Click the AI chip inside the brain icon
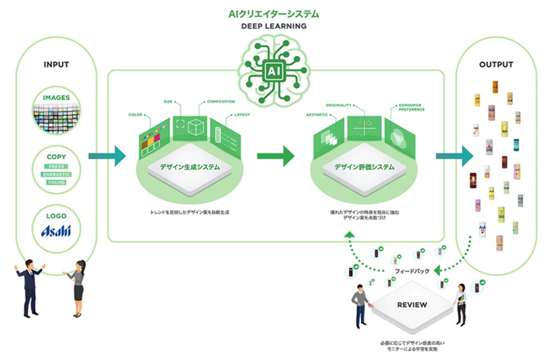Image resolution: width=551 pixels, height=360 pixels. pos(275,70)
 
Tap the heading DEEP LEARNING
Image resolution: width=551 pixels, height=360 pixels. pos(275,26)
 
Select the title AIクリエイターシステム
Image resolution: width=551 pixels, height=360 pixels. pos(275,12)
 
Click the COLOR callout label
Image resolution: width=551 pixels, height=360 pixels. pos(137,114)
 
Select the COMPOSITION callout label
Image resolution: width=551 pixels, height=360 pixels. pos(220,101)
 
